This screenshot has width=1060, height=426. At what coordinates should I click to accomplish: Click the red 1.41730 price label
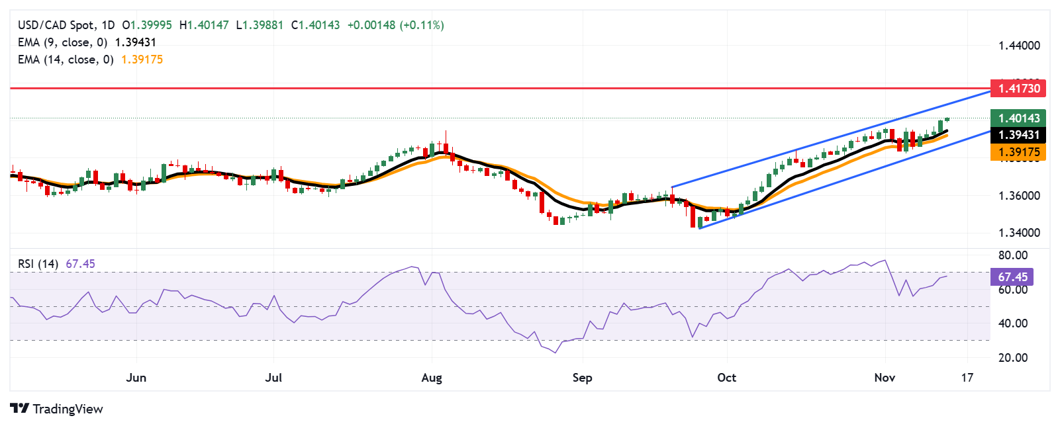(x=1019, y=88)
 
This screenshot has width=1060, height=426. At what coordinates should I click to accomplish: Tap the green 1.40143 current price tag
(x=1019, y=118)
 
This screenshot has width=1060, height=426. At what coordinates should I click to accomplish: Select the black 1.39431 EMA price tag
(x=1019, y=135)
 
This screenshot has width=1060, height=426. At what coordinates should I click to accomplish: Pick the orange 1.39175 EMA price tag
(x=1019, y=152)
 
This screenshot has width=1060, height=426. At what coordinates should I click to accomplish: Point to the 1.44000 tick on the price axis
(x=1019, y=46)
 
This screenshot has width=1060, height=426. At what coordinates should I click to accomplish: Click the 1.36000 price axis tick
(x=1019, y=196)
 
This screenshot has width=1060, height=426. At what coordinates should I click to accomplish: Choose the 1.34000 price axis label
(x=1019, y=233)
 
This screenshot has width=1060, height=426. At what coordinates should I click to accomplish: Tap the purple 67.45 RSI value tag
(x=1012, y=277)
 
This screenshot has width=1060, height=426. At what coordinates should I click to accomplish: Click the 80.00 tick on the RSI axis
(x=1013, y=255)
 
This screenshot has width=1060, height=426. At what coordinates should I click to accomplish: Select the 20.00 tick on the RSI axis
(x=1013, y=358)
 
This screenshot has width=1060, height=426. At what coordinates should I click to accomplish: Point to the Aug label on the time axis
(x=432, y=378)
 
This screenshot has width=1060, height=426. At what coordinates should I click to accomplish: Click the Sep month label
(x=582, y=378)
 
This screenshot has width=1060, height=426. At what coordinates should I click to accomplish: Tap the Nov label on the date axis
(x=885, y=378)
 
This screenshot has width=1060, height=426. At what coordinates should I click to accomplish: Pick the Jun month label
(x=136, y=378)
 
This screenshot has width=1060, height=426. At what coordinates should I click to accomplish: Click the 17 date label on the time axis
(x=967, y=378)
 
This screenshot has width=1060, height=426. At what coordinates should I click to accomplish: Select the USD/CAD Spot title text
(x=56, y=25)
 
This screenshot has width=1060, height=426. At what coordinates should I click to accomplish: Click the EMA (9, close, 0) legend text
(x=62, y=42)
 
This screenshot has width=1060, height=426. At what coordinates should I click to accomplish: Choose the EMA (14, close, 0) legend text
(x=66, y=60)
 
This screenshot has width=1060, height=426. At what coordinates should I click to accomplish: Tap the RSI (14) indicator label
(x=38, y=264)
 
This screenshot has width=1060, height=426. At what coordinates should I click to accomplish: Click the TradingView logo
(x=57, y=409)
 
